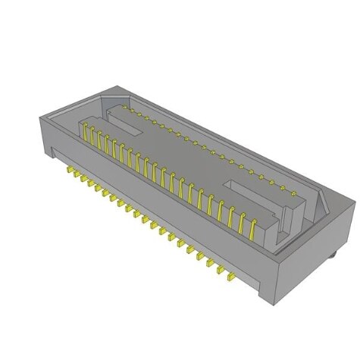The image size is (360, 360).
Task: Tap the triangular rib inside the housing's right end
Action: (322, 205)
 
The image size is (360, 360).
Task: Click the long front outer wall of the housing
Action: (152, 205)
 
